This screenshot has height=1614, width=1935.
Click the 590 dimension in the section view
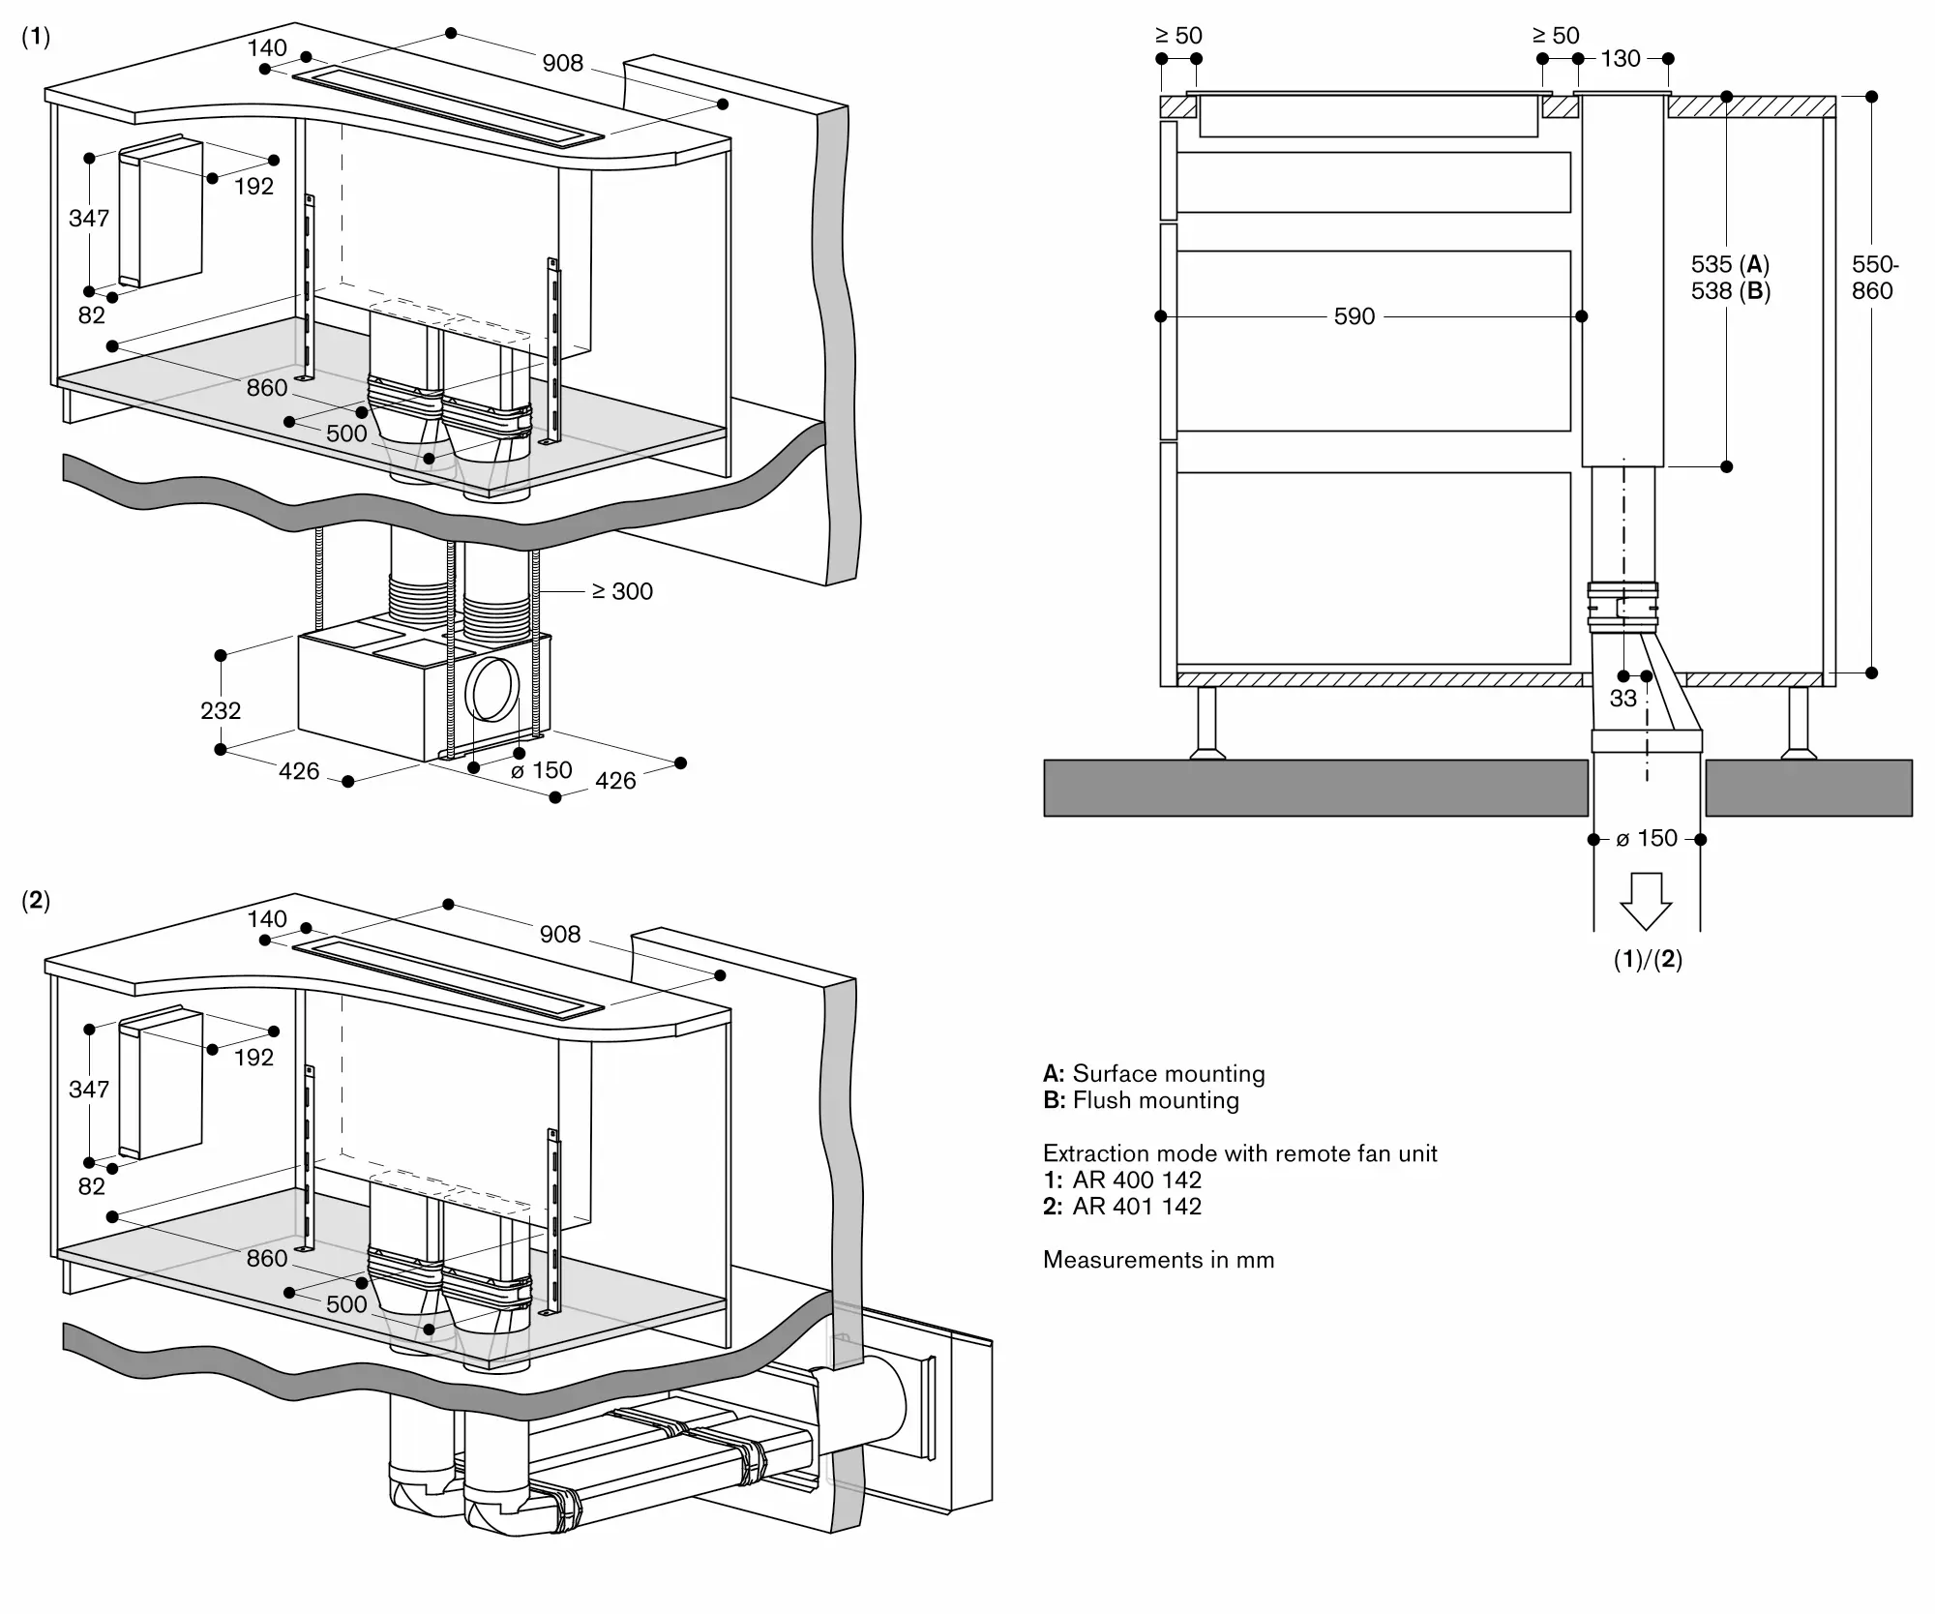tap(1354, 316)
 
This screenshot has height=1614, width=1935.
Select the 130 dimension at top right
tap(1621, 59)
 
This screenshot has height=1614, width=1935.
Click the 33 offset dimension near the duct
tap(1623, 698)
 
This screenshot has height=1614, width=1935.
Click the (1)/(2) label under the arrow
tap(1648, 960)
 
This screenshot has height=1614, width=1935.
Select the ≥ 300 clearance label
tap(623, 591)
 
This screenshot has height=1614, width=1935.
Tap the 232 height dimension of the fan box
tap(221, 710)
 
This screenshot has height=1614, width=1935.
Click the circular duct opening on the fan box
tap(491, 690)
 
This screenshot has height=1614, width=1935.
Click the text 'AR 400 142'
tap(1137, 1180)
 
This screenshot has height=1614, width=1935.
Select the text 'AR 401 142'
tap(1137, 1207)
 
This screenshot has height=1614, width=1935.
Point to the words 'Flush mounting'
tap(1155, 1100)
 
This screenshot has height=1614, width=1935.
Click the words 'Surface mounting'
tap(1168, 1073)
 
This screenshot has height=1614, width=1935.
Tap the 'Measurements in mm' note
tap(1158, 1260)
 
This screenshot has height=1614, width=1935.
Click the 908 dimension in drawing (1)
tap(562, 63)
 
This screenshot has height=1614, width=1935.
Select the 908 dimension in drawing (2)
tap(560, 934)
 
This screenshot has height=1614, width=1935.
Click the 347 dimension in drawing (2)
tap(89, 1090)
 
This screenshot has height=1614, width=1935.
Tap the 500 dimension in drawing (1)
tap(346, 433)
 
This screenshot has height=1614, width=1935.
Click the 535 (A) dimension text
tap(1729, 264)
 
